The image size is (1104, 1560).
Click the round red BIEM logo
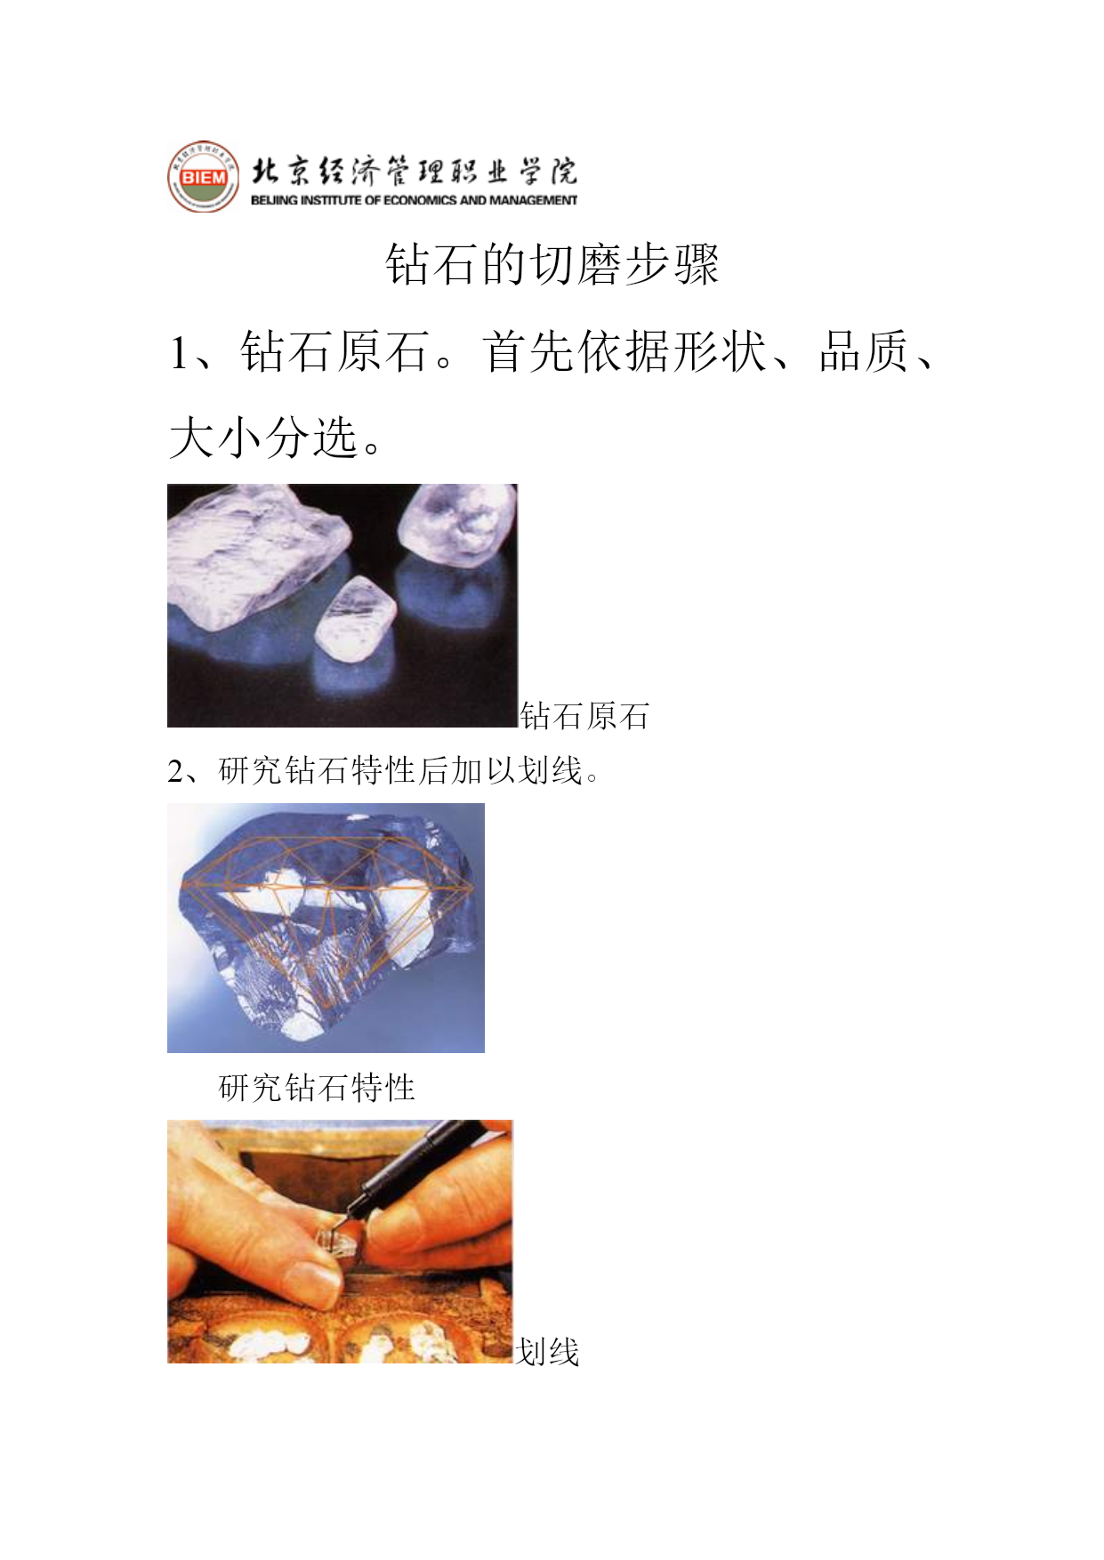click(204, 176)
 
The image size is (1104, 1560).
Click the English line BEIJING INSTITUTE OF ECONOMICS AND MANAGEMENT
click(414, 200)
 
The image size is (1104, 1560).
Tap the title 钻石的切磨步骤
click(552, 264)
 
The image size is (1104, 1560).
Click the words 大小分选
click(263, 438)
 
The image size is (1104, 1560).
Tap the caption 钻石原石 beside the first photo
click(584, 716)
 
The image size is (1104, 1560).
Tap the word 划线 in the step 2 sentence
click(551, 770)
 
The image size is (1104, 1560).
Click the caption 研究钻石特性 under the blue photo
click(317, 1088)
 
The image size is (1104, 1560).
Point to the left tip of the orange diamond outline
click(181, 886)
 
